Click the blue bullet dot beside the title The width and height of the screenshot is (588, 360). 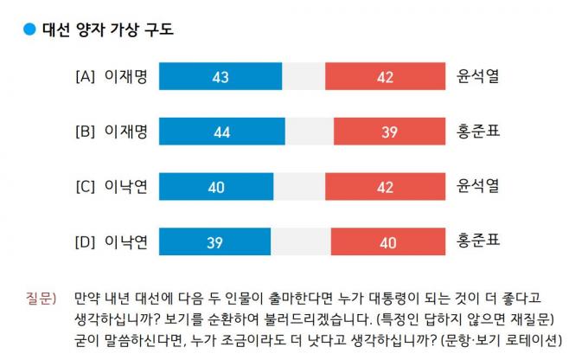point(29,29)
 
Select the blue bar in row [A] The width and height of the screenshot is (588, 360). point(220,77)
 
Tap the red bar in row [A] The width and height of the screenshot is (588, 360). point(385,77)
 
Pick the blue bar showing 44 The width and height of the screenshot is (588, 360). point(222,132)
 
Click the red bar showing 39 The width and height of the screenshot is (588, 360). point(389,132)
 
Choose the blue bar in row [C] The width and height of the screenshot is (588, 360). point(217,186)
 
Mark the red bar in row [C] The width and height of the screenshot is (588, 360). point(385,186)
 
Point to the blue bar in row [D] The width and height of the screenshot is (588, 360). point(215,241)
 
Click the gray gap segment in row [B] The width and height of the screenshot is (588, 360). point(309,132)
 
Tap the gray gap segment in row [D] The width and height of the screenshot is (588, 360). point(299,241)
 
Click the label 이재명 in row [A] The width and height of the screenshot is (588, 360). point(126,77)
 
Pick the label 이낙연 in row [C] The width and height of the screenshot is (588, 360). point(126,186)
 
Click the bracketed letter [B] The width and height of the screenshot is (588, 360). point(85,132)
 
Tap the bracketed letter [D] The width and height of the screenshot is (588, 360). point(85,241)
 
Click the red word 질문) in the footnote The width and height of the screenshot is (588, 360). point(42,299)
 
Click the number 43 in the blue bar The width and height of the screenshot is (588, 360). point(220,77)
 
